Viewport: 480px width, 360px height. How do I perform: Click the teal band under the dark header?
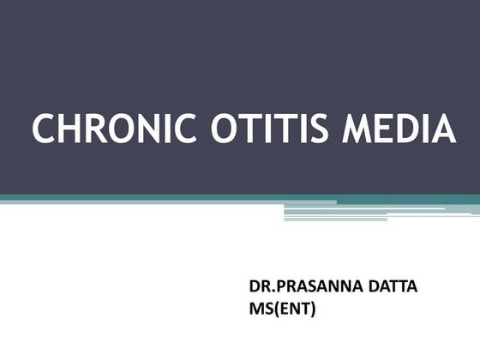coord(171,199)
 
